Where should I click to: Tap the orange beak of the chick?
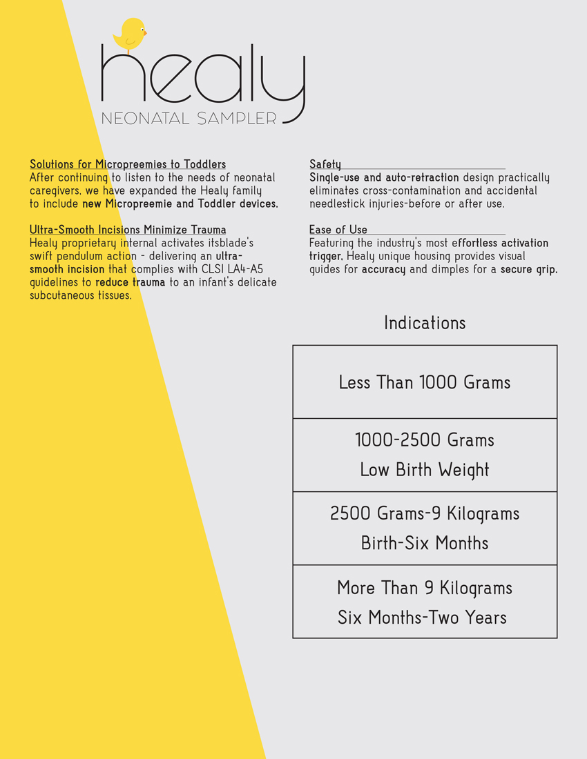(x=145, y=32)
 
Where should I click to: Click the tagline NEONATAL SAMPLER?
(x=189, y=119)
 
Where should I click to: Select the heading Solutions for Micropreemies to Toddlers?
(x=128, y=164)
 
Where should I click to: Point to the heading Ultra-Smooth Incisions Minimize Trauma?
(x=128, y=230)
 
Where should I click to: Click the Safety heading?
(x=325, y=164)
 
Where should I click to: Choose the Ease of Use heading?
(x=338, y=230)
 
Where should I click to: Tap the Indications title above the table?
(x=425, y=323)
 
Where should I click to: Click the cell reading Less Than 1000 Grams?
(x=425, y=382)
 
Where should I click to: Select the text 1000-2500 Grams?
(x=425, y=440)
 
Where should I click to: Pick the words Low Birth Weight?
(x=425, y=471)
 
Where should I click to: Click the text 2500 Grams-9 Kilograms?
(x=425, y=514)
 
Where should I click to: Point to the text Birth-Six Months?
(x=425, y=544)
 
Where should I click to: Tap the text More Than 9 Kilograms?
(x=425, y=589)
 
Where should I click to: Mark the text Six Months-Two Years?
(x=422, y=618)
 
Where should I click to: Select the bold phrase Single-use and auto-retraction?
(x=384, y=178)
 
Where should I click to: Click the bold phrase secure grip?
(x=529, y=270)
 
